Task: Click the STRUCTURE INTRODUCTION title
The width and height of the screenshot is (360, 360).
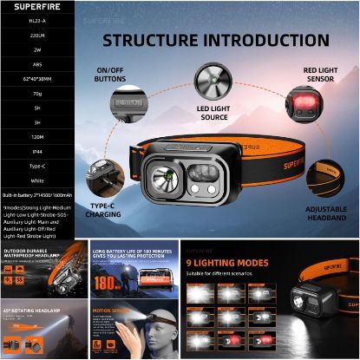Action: point(216,41)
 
